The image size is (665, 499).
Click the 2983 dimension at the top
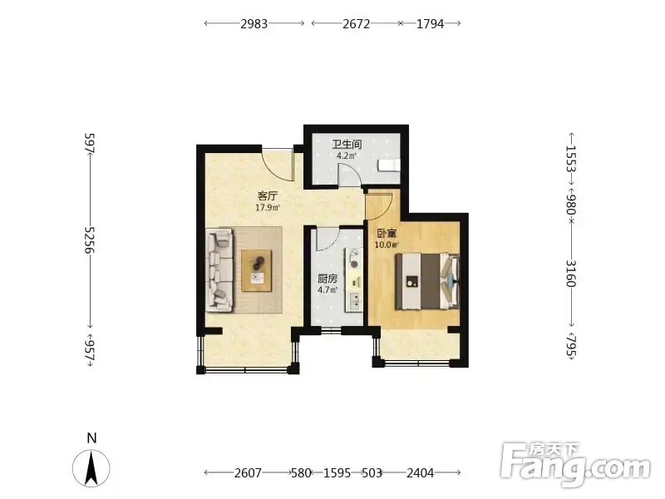click(254, 24)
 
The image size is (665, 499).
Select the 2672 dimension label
click(357, 24)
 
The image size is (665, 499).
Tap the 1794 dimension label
click(430, 24)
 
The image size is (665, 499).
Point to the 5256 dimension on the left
click(90, 240)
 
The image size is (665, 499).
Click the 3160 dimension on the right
click(572, 274)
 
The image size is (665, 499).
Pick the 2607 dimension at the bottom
click(248, 472)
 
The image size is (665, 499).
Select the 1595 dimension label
click(337, 472)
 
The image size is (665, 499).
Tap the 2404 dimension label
click(421, 472)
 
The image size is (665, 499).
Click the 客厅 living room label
click(268, 196)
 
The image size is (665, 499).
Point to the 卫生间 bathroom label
click(347, 144)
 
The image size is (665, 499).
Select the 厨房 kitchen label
click(328, 279)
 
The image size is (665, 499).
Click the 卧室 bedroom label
click(387, 233)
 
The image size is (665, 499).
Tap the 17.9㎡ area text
click(267, 208)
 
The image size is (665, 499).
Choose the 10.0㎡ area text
click(387, 245)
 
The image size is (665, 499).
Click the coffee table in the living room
click(257, 271)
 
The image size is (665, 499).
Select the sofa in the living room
click(219, 271)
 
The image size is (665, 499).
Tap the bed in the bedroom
click(427, 281)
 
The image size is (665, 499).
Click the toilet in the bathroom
click(389, 165)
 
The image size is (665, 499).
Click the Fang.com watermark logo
click(575, 464)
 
